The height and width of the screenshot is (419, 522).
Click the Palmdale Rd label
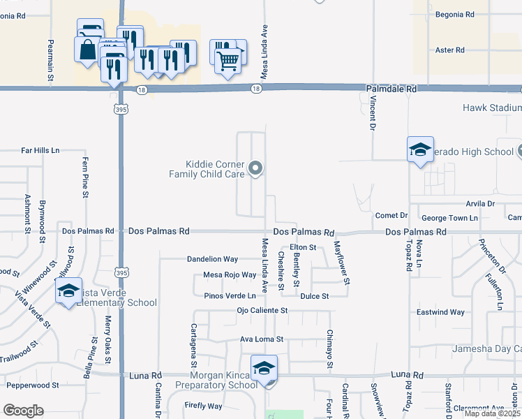pyautogui.click(x=391, y=89)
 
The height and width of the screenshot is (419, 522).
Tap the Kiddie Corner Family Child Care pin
pyautogui.click(x=255, y=168)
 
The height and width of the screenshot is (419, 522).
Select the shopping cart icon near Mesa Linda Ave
pyautogui.click(x=228, y=62)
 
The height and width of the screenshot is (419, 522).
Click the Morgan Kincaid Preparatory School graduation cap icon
pyautogui.click(x=264, y=368)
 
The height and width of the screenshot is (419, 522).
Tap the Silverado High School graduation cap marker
pyautogui.click(x=420, y=149)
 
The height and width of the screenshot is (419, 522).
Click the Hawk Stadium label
pyautogui.click(x=491, y=108)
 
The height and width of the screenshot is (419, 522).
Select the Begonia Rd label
pyautogui.click(x=454, y=14)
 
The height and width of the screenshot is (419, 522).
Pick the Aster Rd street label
pyautogui.click(x=449, y=50)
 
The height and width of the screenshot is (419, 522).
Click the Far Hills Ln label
pyautogui.click(x=40, y=150)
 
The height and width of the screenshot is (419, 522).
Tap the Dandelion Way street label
pyautogui.click(x=212, y=259)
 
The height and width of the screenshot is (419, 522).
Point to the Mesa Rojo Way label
pyautogui.click(x=230, y=275)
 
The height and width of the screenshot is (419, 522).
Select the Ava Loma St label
pyautogui.click(x=262, y=339)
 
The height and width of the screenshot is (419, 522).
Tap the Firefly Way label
pyautogui.click(x=203, y=406)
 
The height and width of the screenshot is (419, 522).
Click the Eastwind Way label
pyautogui.click(x=440, y=312)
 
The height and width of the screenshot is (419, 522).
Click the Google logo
pyautogui.click(x=24, y=411)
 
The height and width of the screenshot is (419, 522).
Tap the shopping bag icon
pyautogui.click(x=88, y=50)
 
